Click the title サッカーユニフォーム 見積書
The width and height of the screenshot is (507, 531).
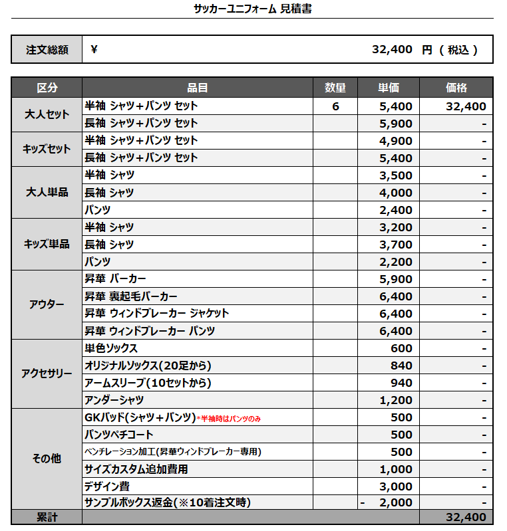[x=253, y=9]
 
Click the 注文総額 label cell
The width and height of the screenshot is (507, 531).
[x=47, y=50]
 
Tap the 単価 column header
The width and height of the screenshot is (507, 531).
[x=389, y=88]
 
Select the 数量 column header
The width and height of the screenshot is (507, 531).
[x=335, y=88]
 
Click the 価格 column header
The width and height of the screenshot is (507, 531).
[x=456, y=88]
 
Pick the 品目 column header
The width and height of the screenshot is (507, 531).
[x=198, y=88]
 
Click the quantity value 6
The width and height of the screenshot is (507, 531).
[x=335, y=106]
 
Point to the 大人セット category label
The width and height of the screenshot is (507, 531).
[x=47, y=114]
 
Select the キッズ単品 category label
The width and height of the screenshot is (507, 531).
[x=47, y=244]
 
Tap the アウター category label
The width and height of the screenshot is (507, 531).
[x=47, y=304]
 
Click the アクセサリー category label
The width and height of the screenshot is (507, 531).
[x=47, y=373]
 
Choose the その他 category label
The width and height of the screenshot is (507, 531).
[x=47, y=459]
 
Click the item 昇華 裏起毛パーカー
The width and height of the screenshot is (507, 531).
[x=131, y=296]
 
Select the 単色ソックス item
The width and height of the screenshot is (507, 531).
[x=111, y=348]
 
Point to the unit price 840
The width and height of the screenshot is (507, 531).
[x=401, y=366]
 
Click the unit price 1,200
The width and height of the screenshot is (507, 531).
[x=396, y=400]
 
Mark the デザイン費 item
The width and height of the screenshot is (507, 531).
[x=107, y=486]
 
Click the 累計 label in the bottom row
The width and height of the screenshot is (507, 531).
[x=47, y=517]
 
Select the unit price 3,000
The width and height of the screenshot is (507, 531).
[x=396, y=486]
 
